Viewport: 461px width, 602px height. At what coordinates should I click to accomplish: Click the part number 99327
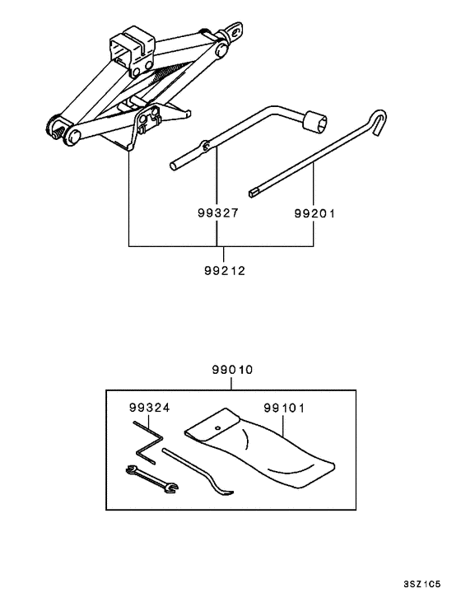217,212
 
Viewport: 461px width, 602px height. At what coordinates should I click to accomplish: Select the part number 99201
315,212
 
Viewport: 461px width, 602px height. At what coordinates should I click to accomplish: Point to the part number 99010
229,372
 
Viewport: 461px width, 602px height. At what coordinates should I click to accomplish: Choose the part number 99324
148,408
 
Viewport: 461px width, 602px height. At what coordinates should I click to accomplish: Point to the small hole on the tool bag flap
217,428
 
